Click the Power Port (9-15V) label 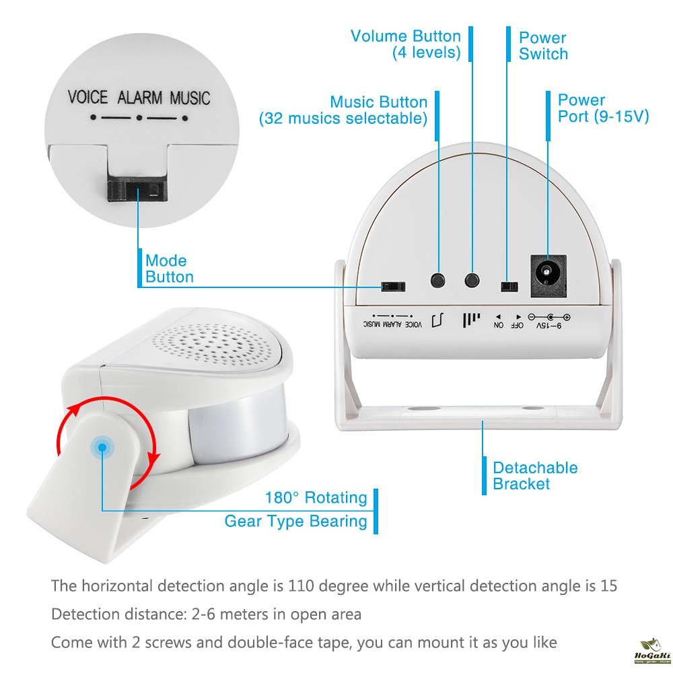[603, 108]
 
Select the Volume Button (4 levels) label [406, 44]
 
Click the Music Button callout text [344, 110]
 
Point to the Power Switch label [543, 46]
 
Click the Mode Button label [170, 269]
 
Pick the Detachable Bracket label [535, 476]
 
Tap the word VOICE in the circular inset [87, 98]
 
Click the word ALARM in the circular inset [140, 98]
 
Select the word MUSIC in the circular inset [190, 98]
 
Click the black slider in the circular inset [137, 192]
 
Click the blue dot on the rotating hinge [102, 446]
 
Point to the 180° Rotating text [316, 498]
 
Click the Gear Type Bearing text [296, 521]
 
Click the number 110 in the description [302, 586]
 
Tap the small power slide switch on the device [509, 286]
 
